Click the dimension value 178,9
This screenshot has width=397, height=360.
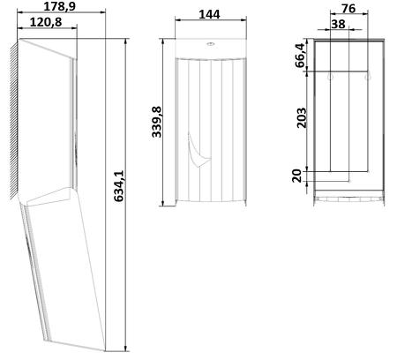pyautogui.click(x=60, y=6)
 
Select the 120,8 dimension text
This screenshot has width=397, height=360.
pyautogui.click(x=46, y=22)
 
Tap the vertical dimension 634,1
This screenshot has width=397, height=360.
pyautogui.click(x=119, y=186)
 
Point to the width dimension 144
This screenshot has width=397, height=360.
pyautogui.click(x=209, y=14)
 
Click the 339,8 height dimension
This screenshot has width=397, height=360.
pyautogui.click(x=157, y=122)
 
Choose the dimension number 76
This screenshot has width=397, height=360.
pyautogui.click(x=348, y=9)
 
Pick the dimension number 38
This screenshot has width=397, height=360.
pyautogui.click(x=338, y=24)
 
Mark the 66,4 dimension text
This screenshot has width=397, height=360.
pyautogui.click(x=300, y=56)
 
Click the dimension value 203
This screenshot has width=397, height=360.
pyautogui.click(x=302, y=118)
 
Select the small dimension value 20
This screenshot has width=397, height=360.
pyautogui.click(x=297, y=176)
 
